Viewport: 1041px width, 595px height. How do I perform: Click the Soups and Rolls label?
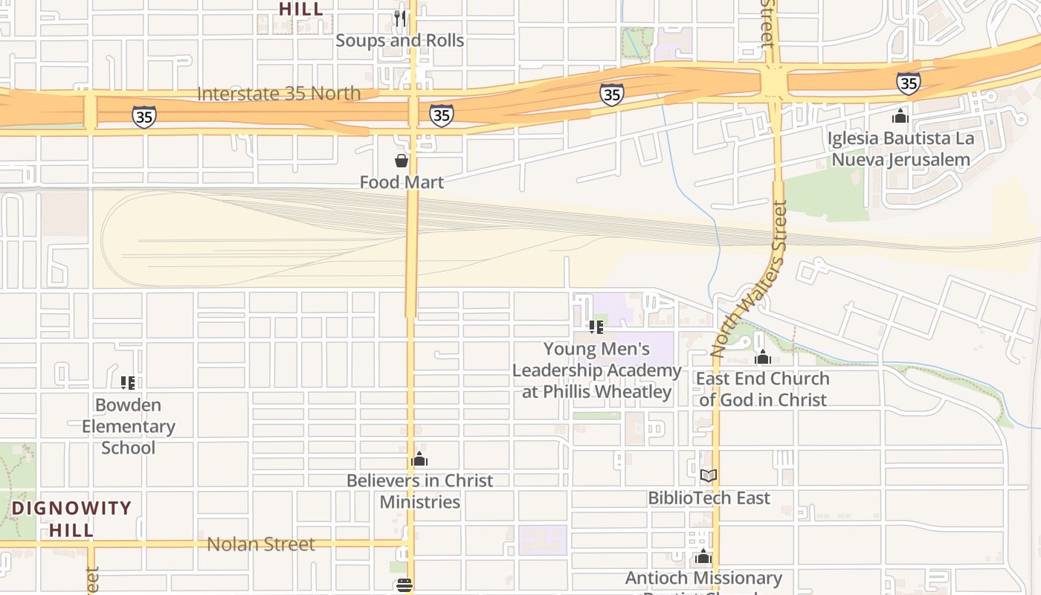(x=400, y=40)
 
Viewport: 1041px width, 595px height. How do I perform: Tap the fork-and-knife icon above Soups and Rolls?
(x=400, y=18)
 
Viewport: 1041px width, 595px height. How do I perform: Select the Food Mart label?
(x=402, y=182)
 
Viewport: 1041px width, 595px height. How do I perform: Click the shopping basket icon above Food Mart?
(x=402, y=160)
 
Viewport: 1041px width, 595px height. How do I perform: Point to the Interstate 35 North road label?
(x=279, y=94)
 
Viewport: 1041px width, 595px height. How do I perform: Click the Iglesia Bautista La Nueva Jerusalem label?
(x=900, y=149)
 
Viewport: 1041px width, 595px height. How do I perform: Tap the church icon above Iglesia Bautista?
(x=900, y=116)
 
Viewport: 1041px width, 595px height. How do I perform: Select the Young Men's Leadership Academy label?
(x=596, y=370)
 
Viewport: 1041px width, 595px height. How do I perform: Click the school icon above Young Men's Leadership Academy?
(x=596, y=327)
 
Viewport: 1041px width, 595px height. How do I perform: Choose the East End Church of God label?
(x=762, y=389)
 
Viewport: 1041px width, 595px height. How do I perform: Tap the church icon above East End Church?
(x=762, y=357)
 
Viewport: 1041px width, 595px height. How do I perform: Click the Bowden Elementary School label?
(x=129, y=426)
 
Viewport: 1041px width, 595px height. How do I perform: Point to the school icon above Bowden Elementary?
(x=128, y=383)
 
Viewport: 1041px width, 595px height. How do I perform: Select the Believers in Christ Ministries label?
(x=420, y=491)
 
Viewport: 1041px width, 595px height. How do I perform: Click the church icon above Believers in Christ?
(x=419, y=459)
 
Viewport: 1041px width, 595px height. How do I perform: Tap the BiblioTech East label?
(x=709, y=498)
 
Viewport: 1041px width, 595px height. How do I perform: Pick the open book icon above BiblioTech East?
(x=709, y=475)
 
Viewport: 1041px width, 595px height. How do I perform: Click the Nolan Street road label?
(x=261, y=544)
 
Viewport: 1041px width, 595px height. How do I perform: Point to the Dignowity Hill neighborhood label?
(x=72, y=519)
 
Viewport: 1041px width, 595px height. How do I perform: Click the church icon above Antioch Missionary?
(x=703, y=556)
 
